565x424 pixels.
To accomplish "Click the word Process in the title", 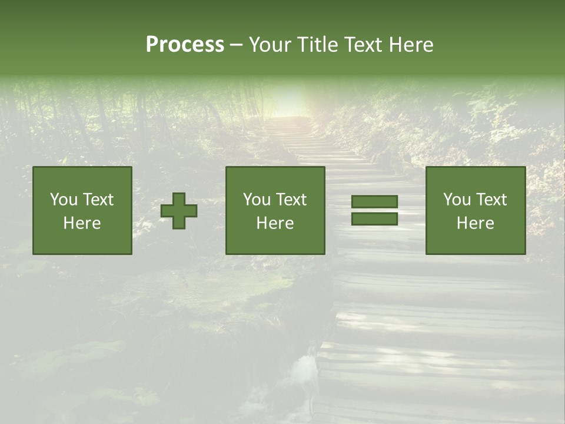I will pyautogui.click(x=185, y=45).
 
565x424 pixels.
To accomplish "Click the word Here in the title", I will pyautogui.click(x=411, y=45).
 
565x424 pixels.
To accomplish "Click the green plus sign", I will pyautogui.click(x=180, y=211).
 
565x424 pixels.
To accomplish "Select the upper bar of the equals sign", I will pyautogui.click(x=374, y=202).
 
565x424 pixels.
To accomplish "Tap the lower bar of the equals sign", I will pyautogui.click(x=374, y=218).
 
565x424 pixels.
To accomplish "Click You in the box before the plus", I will pyautogui.click(x=63, y=200).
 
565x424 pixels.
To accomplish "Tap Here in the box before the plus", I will pyautogui.click(x=82, y=223).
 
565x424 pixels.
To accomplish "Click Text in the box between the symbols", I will pyautogui.click(x=290, y=200).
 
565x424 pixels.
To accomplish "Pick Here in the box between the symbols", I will pyautogui.click(x=275, y=223).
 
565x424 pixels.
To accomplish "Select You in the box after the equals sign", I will pyautogui.click(x=456, y=200).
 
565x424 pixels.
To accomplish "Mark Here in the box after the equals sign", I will pyautogui.click(x=476, y=223).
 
